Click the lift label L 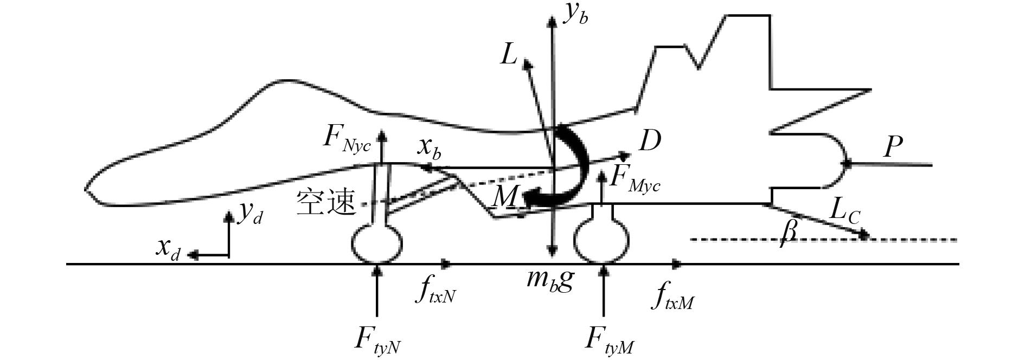pos(508,56)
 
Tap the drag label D pos(649,141)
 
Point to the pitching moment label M pos(504,199)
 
